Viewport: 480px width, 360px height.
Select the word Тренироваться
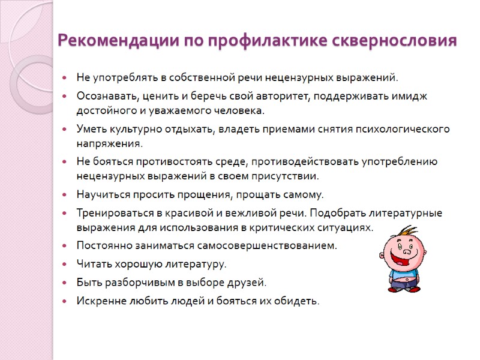pyautogui.click(x=112, y=212)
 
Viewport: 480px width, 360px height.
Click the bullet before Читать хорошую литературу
pyautogui.click(x=64, y=263)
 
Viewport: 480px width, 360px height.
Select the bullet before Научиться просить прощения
pyautogui.click(x=64, y=194)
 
